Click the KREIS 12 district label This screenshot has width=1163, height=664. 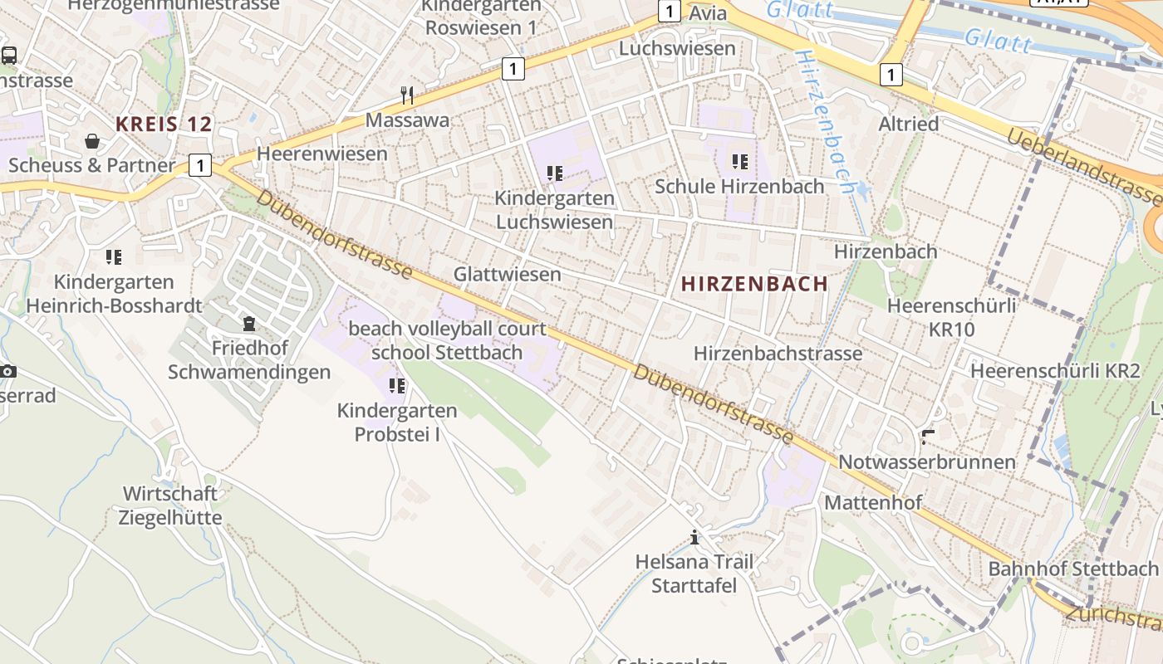(x=164, y=124)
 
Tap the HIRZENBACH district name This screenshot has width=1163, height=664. (x=754, y=284)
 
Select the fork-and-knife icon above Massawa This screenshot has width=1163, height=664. (x=407, y=95)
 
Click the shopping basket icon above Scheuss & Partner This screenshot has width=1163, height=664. (x=92, y=141)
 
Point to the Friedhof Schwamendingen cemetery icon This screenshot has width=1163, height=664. (x=249, y=324)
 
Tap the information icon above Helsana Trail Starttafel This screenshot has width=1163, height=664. (x=694, y=538)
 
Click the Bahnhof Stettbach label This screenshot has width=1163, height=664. (x=1072, y=569)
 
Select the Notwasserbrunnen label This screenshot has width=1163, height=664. (x=927, y=461)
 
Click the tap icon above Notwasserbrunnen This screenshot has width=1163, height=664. (x=928, y=437)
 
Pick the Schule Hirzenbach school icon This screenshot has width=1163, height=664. (x=739, y=161)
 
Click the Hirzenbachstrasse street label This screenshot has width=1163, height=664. (x=778, y=354)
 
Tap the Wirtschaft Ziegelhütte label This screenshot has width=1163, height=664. (x=170, y=505)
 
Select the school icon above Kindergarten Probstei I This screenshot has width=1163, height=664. (x=397, y=385)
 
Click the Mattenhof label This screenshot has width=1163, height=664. (x=872, y=503)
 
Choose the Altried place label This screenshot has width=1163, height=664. (x=909, y=124)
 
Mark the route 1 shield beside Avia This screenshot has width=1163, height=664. (x=669, y=12)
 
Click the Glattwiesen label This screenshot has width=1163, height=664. (x=507, y=274)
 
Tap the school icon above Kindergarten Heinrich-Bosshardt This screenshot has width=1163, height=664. (x=114, y=256)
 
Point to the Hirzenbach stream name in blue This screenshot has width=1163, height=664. (x=826, y=120)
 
